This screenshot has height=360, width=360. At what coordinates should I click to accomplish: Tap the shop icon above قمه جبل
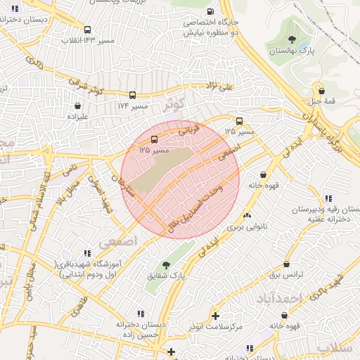321,90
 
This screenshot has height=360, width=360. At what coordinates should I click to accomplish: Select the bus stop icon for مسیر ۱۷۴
132,95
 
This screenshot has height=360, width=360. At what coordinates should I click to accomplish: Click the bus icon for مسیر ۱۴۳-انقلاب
88,30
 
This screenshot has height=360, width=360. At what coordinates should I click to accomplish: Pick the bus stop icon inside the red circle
154,139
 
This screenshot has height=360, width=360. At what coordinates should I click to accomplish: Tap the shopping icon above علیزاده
77,106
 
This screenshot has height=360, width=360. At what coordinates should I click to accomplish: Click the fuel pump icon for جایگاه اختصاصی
210,12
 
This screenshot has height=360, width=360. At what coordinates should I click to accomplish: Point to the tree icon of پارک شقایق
165,265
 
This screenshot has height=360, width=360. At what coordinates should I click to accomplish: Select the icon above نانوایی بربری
247,216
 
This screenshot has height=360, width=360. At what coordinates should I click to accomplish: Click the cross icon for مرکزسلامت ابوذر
214,316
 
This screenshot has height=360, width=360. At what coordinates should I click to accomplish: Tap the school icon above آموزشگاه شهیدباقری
86,252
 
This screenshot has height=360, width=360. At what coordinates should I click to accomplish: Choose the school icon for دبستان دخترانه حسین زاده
141,314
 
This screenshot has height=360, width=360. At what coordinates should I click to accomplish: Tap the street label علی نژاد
215,88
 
